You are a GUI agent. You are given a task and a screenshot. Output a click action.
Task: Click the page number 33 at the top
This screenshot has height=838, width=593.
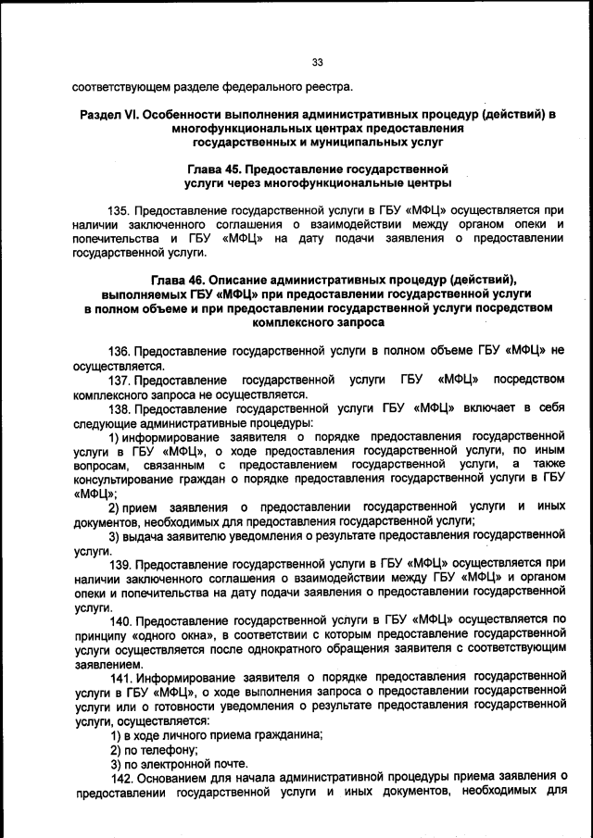(316, 62)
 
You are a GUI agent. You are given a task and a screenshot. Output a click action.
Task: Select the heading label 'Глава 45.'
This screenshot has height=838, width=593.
(220, 169)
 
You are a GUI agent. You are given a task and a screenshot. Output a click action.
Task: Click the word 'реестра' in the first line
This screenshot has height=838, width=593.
(327, 88)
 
